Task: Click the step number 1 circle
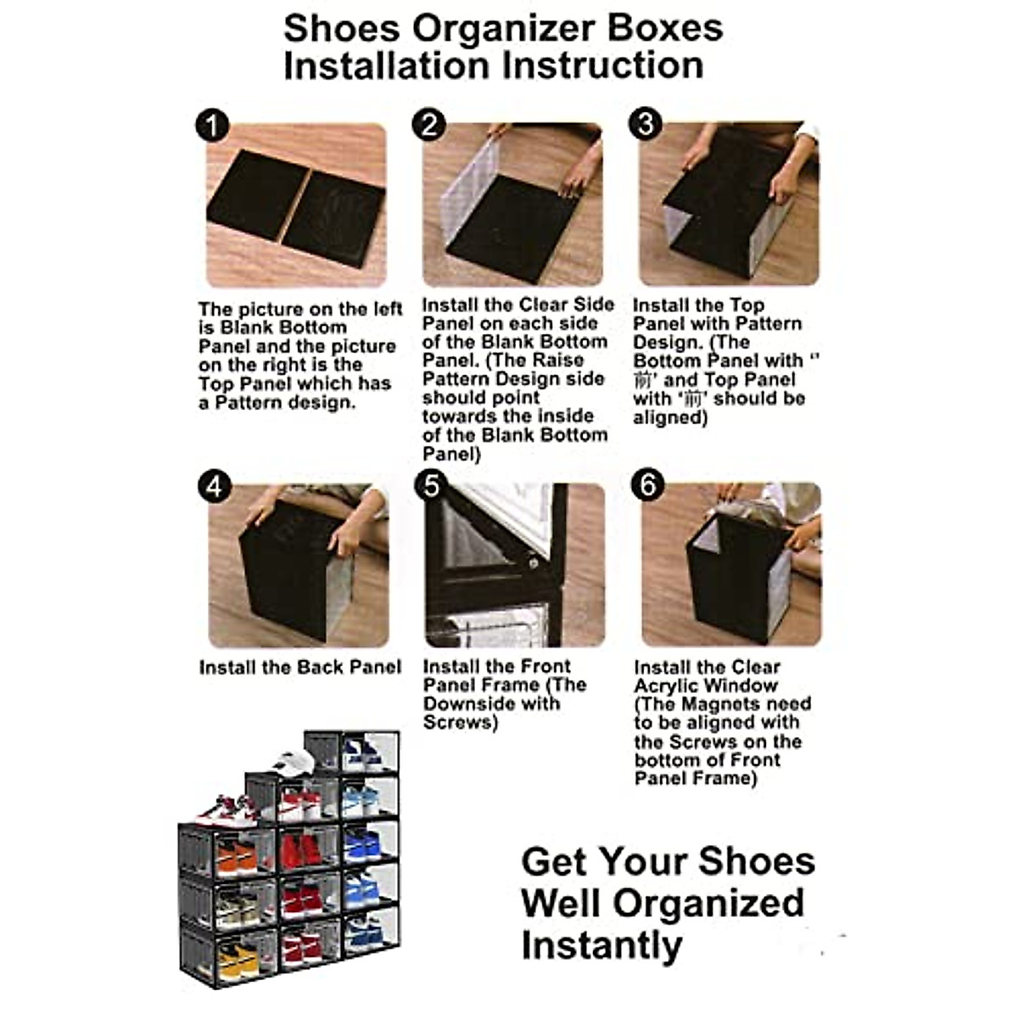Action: click(212, 126)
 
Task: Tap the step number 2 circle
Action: click(429, 125)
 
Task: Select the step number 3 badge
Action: click(646, 124)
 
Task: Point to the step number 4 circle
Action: click(214, 487)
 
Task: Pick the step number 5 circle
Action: click(432, 486)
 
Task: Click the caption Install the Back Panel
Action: click(300, 668)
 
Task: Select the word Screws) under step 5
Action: click(460, 723)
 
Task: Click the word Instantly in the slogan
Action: click(601, 945)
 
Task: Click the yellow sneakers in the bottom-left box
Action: click(238, 959)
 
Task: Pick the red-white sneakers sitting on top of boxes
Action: click(226, 809)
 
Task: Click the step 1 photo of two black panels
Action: click(296, 205)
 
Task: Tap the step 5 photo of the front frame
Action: click(514, 565)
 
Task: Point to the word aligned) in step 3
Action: click(670, 418)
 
